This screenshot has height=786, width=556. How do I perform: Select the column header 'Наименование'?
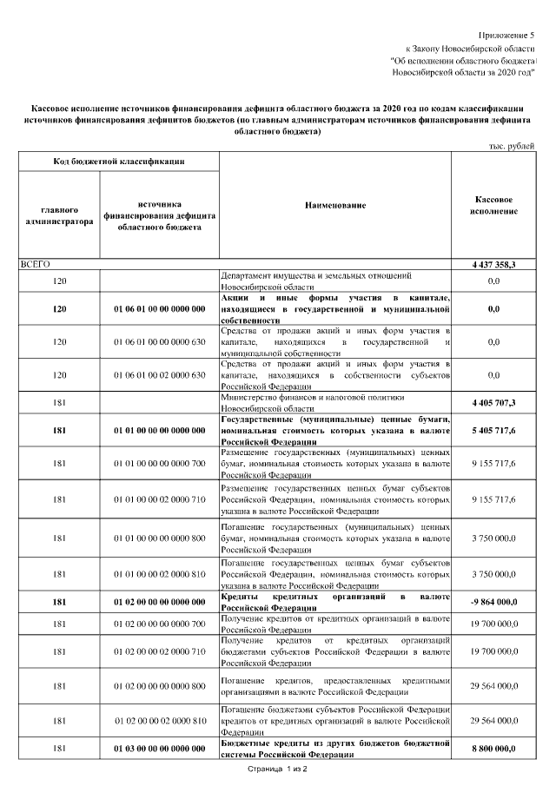[335, 205]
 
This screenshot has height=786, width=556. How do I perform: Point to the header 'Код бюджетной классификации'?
[118, 162]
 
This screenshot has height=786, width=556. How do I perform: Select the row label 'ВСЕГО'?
[36, 263]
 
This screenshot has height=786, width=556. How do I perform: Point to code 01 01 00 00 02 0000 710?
[159, 500]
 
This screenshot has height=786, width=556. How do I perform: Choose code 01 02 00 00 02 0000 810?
[159, 721]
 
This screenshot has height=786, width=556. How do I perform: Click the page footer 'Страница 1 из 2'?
[278, 769]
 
